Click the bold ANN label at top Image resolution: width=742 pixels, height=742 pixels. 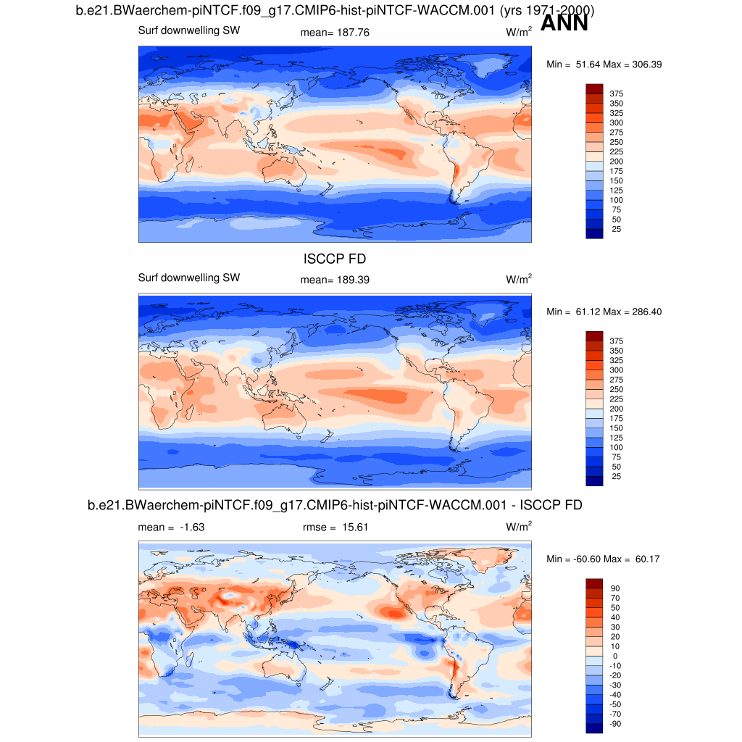564,23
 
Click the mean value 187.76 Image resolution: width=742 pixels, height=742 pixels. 354,33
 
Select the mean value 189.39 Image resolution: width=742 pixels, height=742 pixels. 354,280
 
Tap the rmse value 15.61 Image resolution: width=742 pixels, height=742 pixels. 355,528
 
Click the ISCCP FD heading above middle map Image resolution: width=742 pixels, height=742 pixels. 334,259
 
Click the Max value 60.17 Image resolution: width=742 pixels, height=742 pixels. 646,559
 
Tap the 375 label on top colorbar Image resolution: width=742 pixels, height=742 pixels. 616,93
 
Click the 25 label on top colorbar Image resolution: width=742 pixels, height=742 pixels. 616,229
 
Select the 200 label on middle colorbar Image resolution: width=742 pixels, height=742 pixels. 616,409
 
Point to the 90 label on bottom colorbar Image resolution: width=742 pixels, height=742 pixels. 616,588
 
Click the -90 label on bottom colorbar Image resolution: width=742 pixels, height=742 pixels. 616,724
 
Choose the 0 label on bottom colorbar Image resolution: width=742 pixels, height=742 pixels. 616,656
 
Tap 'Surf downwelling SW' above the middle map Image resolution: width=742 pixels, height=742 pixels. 188,278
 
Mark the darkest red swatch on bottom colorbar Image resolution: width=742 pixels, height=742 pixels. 594,583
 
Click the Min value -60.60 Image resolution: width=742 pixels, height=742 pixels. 585,559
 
